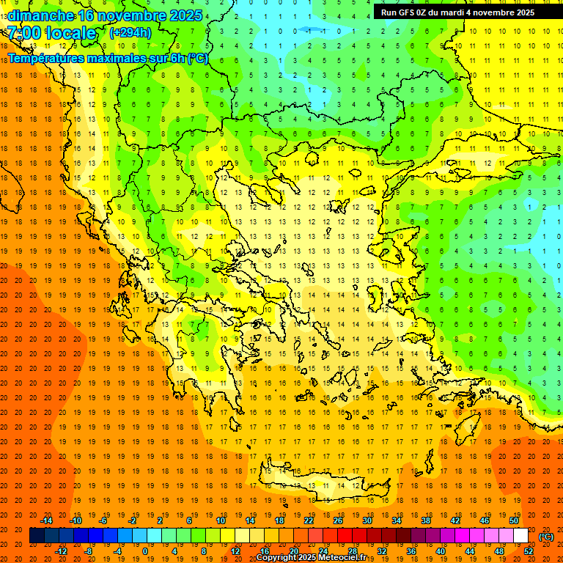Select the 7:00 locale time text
tap(51, 33)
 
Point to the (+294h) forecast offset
tap(130, 33)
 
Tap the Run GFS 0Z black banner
tap(457, 12)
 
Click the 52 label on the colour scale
tap(529, 551)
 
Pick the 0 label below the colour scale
tap(145, 551)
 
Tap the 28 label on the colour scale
tap(353, 551)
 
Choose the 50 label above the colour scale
tap(514, 520)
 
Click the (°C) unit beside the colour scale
tap(546, 537)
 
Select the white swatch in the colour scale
tap(521, 536)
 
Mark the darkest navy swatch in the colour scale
tap(37, 536)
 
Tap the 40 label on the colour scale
tap(441, 551)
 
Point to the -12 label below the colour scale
tap(61, 551)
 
